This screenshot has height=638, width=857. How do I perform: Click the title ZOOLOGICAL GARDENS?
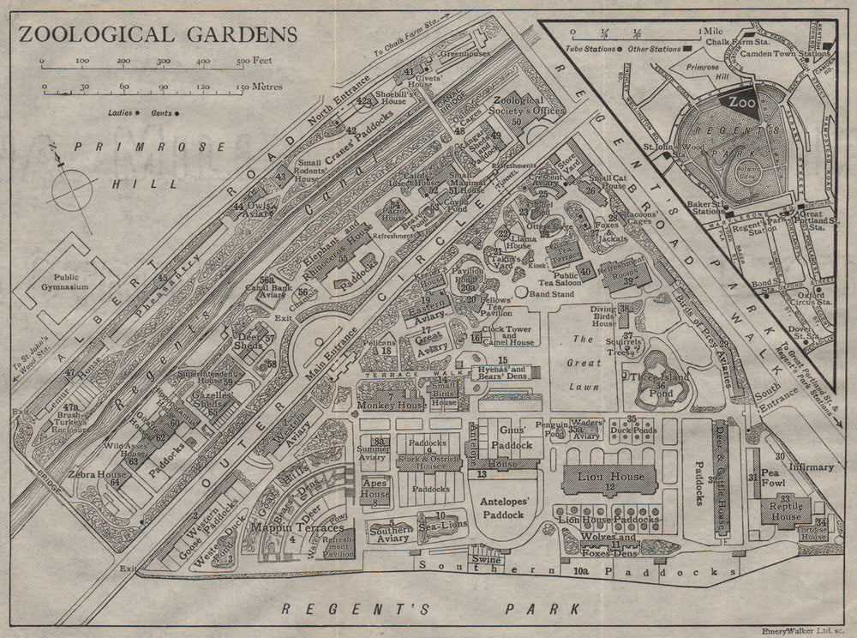tap(158, 35)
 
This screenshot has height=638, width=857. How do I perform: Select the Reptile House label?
tap(786, 512)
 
